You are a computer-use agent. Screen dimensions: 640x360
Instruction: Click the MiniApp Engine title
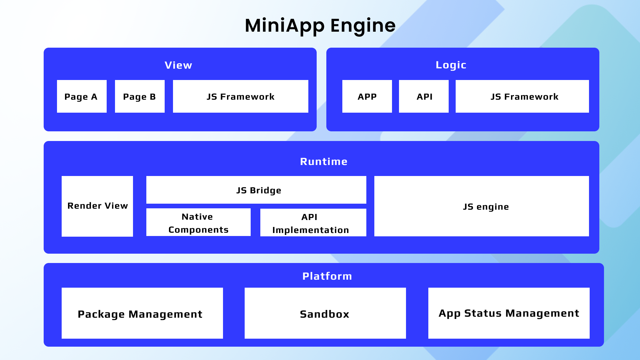320,26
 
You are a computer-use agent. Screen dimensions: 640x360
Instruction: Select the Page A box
82,96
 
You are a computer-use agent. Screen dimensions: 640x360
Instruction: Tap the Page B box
140,96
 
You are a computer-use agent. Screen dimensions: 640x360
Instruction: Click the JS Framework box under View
241,96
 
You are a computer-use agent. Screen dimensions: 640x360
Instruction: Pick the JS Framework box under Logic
522,96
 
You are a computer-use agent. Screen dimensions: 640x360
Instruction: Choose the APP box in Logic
367,96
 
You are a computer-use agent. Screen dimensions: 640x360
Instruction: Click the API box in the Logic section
424,96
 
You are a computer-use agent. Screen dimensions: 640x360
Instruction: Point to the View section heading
178,65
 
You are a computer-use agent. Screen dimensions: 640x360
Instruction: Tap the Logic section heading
451,65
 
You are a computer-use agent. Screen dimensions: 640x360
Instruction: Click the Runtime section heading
324,161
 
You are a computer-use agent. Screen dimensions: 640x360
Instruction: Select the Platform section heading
327,276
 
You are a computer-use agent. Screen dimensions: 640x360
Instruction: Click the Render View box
97,206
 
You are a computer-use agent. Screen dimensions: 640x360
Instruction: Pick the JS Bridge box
256,190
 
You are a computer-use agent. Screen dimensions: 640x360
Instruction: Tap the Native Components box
198,222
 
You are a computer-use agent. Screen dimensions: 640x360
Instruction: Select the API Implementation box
313,222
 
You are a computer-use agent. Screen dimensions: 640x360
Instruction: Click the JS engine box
482,206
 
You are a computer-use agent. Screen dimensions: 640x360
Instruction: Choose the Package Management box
142,313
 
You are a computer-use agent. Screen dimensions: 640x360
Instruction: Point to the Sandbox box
325,313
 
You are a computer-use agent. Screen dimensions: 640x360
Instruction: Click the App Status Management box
509,313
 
